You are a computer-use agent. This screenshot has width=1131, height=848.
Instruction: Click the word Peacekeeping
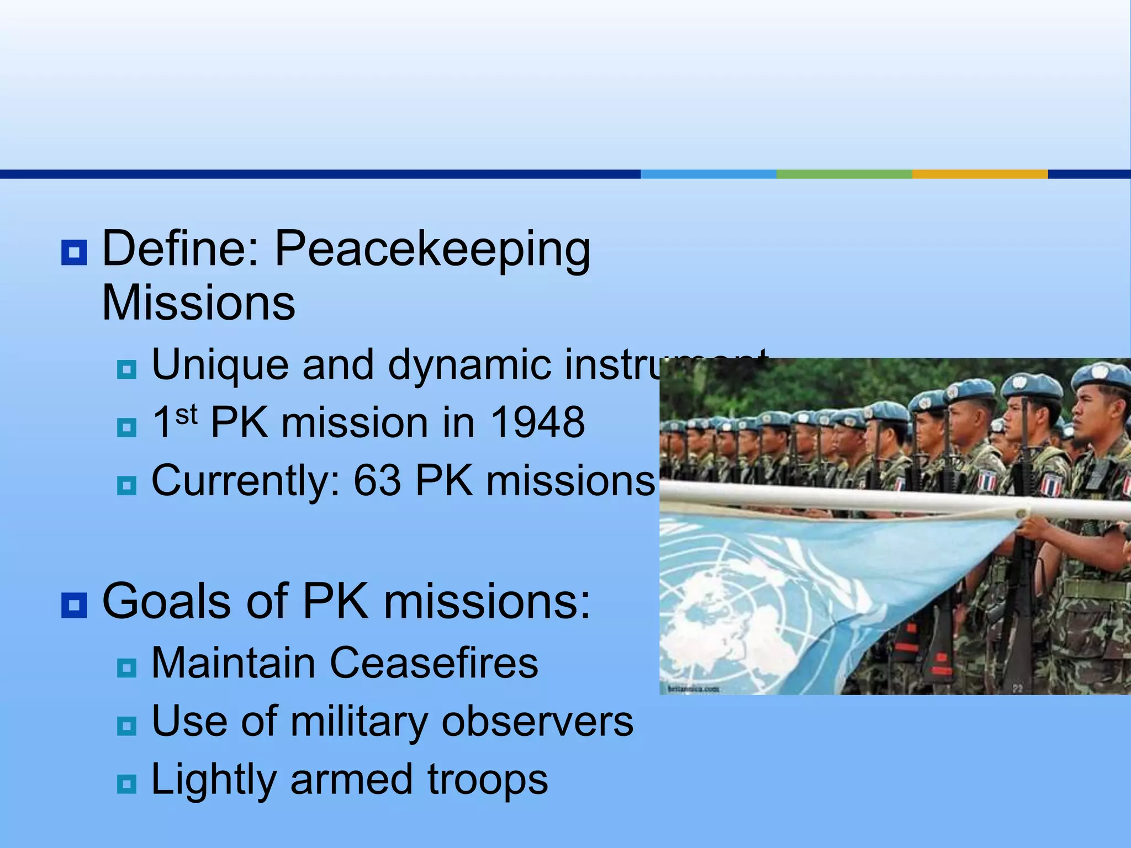click(432, 250)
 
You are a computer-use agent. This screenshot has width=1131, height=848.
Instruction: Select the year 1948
click(537, 423)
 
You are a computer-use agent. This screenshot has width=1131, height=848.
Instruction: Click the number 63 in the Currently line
click(377, 481)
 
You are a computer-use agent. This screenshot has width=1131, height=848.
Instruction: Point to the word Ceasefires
click(434, 663)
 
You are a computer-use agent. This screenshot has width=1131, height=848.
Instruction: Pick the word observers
click(537, 722)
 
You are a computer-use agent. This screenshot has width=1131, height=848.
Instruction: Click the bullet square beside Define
click(74, 253)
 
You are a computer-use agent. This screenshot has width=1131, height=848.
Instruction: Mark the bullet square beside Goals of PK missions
click(74, 605)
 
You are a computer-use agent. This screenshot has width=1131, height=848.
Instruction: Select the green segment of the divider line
click(844, 174)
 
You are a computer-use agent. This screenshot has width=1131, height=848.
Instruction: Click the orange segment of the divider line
click(980, 174)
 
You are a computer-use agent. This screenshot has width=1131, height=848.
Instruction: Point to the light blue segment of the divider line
click(708, 174)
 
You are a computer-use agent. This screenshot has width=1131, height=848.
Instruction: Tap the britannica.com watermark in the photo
click(694, 688)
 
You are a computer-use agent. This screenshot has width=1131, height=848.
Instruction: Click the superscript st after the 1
click(187, 414)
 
